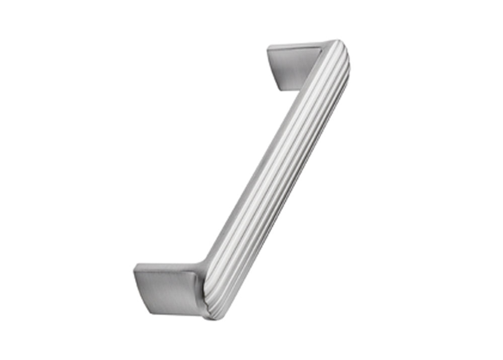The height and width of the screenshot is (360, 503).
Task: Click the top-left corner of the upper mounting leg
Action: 268,47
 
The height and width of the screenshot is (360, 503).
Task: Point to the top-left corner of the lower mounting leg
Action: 134,266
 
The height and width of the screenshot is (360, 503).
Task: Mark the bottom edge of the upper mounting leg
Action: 289,91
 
